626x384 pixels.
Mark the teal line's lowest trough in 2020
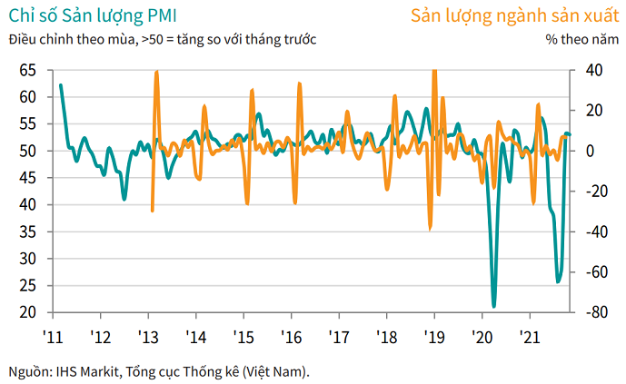[x=494, y=306]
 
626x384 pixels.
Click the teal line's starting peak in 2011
[x=61, y=85]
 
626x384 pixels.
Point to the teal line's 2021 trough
[x=558, y=281]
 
